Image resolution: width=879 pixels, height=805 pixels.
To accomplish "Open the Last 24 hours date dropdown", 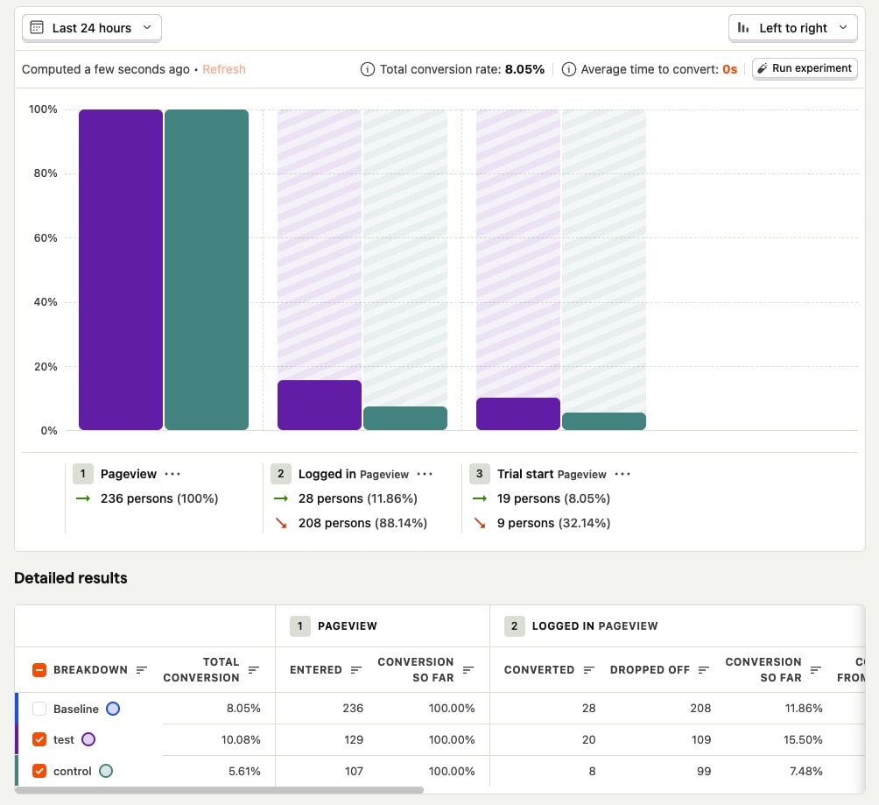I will pyautogui.click(x=91, y=28).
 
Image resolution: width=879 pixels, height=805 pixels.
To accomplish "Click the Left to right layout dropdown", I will pyautogui.click(x=792, y=28).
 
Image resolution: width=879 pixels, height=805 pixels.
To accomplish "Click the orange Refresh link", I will pyautogui.click(x=223, y=69).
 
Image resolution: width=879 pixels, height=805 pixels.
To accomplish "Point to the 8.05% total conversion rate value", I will pyautogui.click(x=524, y=69).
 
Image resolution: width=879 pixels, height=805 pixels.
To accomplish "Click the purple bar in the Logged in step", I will pyautogui.click(x=319, y=405).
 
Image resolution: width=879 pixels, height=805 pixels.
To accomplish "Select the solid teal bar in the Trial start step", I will pyautogui.click(x=603, y=421).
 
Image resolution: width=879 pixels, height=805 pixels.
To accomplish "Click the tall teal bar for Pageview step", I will pyautogui.click(x=207, y=270).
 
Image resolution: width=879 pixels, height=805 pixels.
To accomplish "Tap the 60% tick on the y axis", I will pyautogui.click(x=43, y=238).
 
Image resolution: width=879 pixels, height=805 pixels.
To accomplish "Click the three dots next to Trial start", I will pyautogui.click(x=622, y=474).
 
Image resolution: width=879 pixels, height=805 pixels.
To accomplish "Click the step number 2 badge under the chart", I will pyautogui.click(x=281, y=474).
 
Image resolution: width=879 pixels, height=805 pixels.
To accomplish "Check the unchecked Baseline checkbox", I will pyautogui.click(x=39, y=709).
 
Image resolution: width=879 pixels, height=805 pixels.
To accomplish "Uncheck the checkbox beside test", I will pyautogui.click(x=39, y=739).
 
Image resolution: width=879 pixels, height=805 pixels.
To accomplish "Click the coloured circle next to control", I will pyautogui.click(x=106, y=771).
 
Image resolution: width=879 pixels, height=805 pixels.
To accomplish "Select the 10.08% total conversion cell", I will pyautogui.click(x=240, y=739).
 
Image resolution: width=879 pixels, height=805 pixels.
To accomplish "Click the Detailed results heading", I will pyautogui.click(x=71, y=578).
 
